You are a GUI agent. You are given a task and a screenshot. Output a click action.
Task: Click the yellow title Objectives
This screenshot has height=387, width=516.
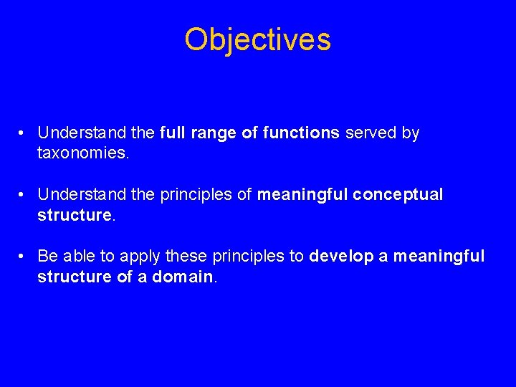[257, 39]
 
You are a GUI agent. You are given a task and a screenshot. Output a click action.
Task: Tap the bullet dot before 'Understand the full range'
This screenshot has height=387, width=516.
[24, 133]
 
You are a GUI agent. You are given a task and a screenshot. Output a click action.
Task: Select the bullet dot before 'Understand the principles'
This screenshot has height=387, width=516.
[24, 195]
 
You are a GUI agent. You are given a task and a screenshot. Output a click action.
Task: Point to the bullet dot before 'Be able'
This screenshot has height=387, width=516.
[24, 257]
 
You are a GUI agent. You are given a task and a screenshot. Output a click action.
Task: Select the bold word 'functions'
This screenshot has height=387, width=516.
[301, 133]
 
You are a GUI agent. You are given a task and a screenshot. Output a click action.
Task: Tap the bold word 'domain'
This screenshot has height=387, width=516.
[183, 276]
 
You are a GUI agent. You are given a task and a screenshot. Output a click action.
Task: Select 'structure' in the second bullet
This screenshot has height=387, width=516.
[75, 214]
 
